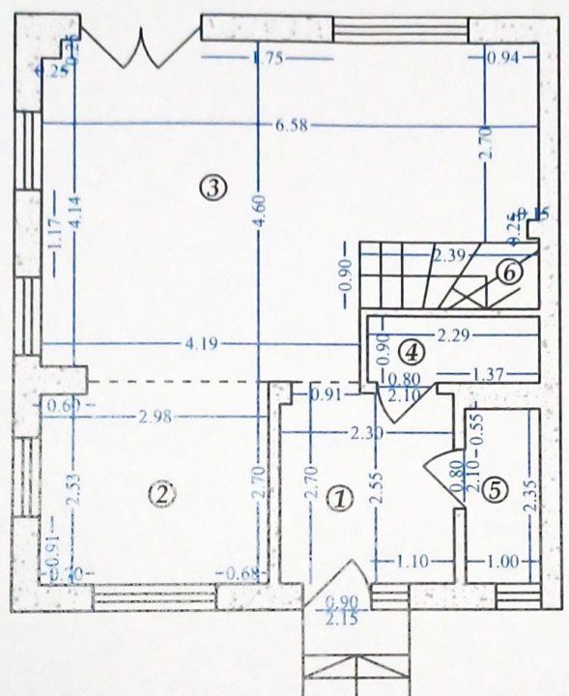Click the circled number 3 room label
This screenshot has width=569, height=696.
[213, 186]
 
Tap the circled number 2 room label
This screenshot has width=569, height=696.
[161, 494]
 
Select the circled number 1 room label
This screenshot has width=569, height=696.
[339, 499]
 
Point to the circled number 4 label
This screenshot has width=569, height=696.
[412, 350]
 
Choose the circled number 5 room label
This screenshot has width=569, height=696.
[494, 490]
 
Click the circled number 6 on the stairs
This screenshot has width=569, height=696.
[510, 273]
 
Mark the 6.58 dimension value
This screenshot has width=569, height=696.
[292, 125]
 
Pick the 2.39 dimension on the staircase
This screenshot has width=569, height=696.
[450, 256]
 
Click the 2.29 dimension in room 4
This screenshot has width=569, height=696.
[453, 336]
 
